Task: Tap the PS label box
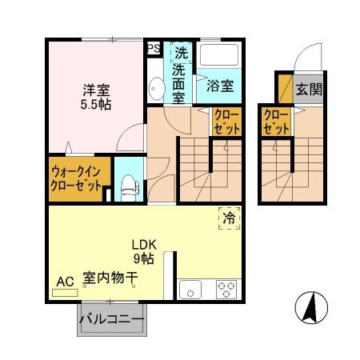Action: pos(153,48)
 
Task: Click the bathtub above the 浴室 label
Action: pos(218,57)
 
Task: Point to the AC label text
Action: pos(65,281)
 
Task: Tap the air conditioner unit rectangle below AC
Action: pos(65,294)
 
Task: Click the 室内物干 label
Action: pos(110,280)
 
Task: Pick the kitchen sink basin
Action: pos(191,290)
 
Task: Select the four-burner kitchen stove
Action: pos(226,290)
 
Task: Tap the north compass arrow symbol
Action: pos(313,308)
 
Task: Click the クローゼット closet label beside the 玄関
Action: pos(276,121)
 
